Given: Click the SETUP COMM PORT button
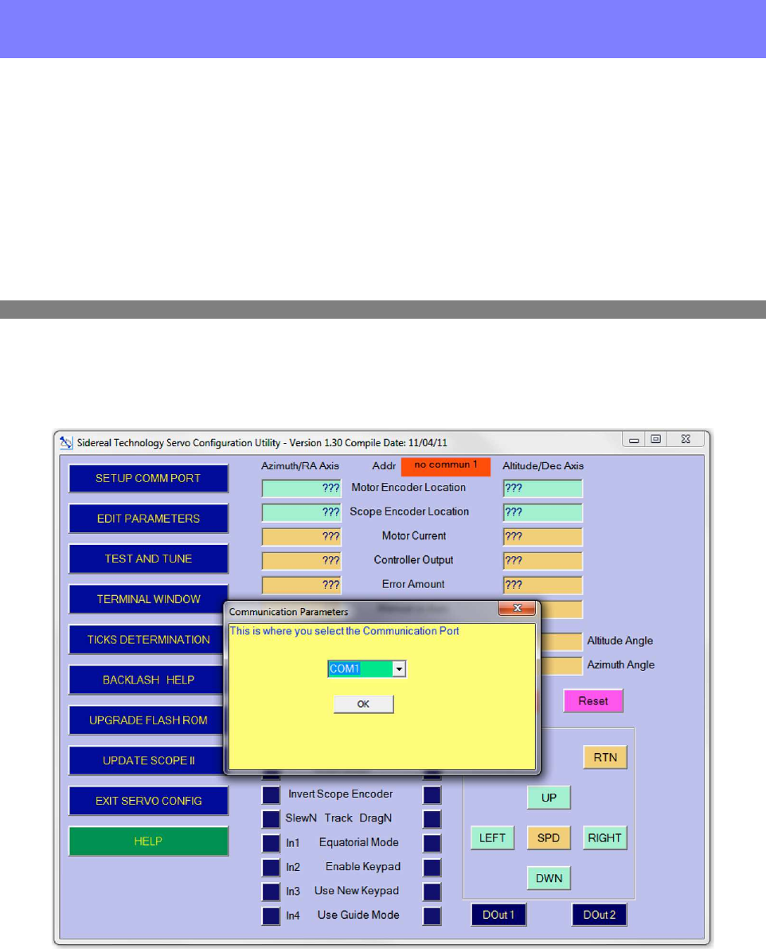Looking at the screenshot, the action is tap(148, 478).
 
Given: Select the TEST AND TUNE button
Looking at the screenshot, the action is tap(148, 559).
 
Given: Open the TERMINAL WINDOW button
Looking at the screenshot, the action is tap(148, 599).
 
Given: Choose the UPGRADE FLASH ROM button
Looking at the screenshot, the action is tap(148, 720).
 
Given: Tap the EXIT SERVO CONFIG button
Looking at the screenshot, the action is tap(148, 801).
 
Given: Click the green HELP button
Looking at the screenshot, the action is tap(148, 841).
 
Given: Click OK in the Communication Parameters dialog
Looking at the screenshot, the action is tap(363, 704).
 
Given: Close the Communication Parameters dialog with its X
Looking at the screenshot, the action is tap(517, 609).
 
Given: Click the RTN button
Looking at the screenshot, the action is tap(605, 757).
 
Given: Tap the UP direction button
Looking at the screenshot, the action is tap(549, 798).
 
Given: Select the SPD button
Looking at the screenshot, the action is tap(549, 838).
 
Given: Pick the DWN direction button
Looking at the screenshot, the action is tap(549, 879).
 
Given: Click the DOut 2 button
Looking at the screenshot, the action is tap(599, 915).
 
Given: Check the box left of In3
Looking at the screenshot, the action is tap(271, 891).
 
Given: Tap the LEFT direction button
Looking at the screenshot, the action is tap(492, 838).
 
